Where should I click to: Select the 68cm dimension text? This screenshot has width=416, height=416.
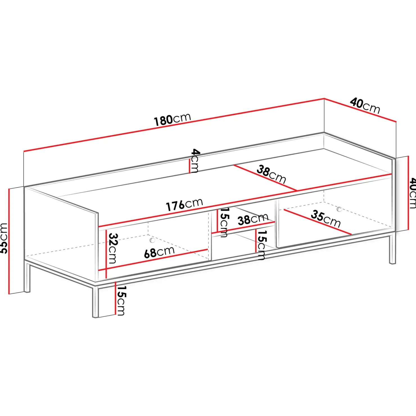coord(159,252)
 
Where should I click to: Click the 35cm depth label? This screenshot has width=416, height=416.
coord(325,219)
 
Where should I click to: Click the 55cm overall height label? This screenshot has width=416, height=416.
coord(4,238)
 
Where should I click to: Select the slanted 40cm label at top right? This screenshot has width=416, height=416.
coord(365,105)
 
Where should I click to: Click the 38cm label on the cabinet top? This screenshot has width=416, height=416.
coord(271,174)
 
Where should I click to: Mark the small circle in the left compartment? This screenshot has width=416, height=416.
coord(152,240)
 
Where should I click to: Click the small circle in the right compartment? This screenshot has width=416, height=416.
coord(339,209)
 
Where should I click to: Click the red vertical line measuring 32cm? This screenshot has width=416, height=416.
coord(106,253)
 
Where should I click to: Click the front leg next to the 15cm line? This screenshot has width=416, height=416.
coord(96,301)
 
